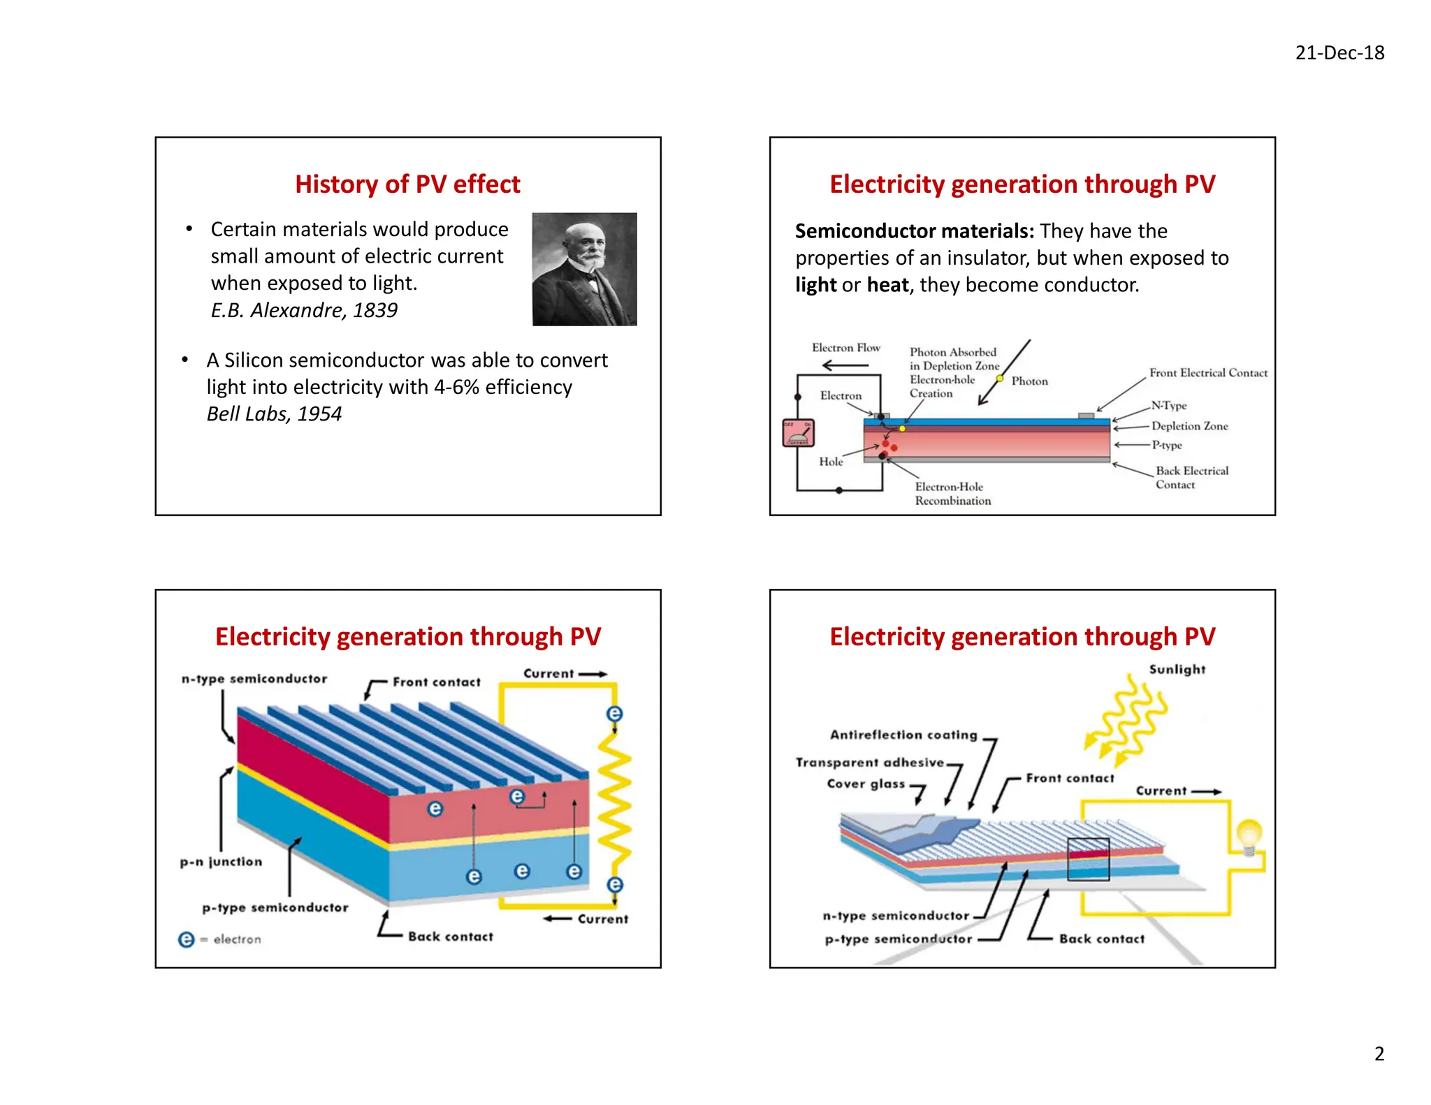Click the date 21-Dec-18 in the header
click(x=1339, y=53)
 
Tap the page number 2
click(x=1379, y=1053)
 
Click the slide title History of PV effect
click(x=407, y=184)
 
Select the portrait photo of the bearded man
click(x=584, y=269)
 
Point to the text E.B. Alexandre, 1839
click(x=304, y=310)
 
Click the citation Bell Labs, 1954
click(x=274, y=414)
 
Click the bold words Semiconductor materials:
click(x=914, y=231)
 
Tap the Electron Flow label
click(x=845, y=348)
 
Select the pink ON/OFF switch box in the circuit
click(x=798, y=433)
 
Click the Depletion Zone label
click(x=1189, y=426)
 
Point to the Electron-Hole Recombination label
click(x=952, y=494)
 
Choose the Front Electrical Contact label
click(x=1208, y=373)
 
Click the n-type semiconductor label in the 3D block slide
click(x=254, y=679)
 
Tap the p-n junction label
click(x=221, y=862)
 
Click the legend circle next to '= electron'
click(x=187, y=939)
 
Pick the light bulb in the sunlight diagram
click(x=1249, y=835)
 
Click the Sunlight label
click(x=1177, y=669)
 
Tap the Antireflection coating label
click(x=903, y=735)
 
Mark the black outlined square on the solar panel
click(x=1088, y=859)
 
